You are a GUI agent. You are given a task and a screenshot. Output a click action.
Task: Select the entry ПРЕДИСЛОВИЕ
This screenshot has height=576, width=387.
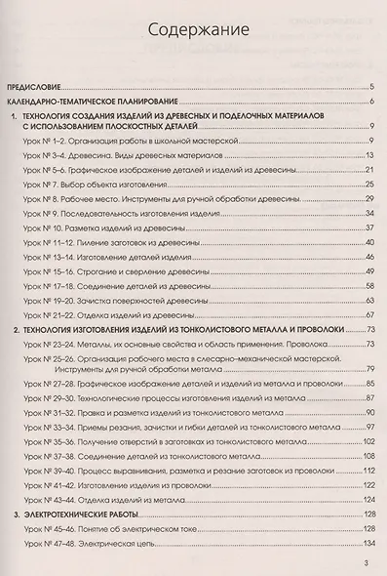40,86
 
